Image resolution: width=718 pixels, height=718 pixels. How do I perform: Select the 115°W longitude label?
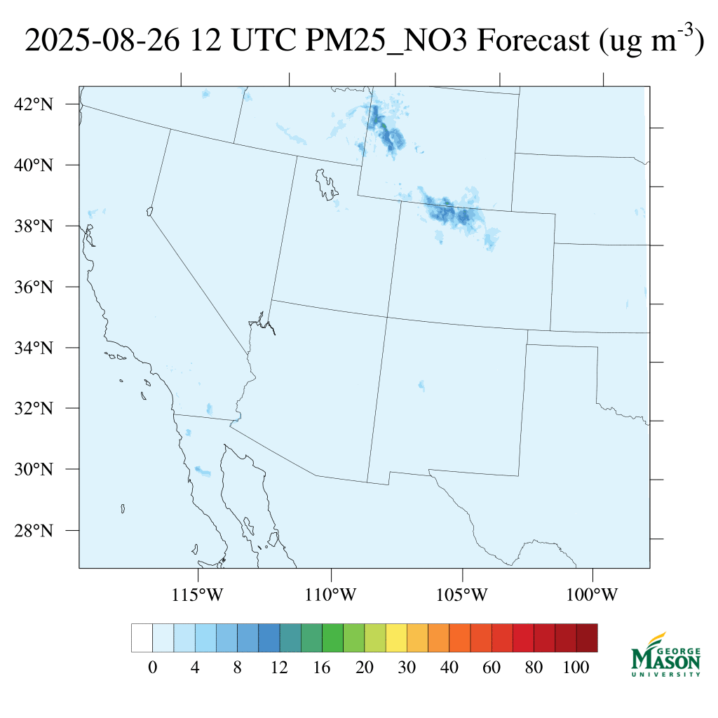[198, 595]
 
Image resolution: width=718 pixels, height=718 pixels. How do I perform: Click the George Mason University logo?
[666, 656]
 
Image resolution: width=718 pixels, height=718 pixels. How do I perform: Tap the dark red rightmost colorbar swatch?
[587, 637]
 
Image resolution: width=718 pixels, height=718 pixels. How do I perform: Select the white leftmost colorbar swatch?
[142, 637]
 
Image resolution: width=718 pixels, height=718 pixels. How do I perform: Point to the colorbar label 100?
[576, 668]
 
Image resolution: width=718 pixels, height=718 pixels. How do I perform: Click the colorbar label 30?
[407, 668]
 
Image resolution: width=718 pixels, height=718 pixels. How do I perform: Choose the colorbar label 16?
[322, 668]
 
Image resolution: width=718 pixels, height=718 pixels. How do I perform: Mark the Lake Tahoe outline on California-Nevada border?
[149, 211]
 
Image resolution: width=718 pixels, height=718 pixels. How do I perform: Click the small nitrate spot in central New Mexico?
[421, 385]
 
